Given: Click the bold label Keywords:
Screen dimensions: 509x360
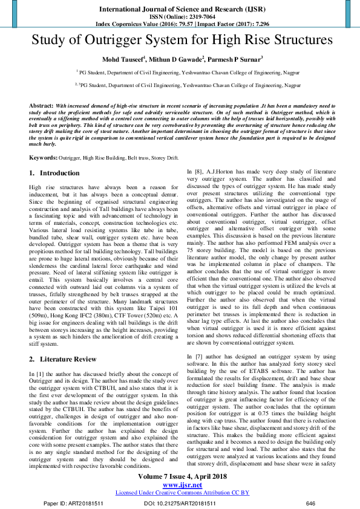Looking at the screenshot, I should pos(43,157).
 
